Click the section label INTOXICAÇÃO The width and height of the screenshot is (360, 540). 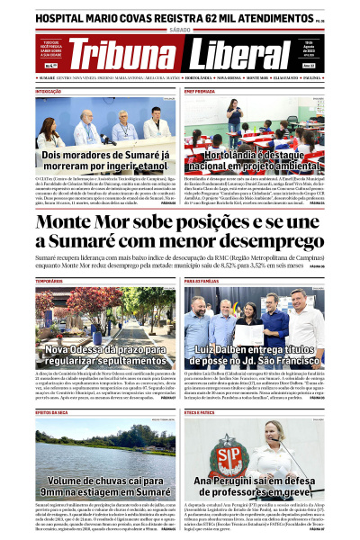click(49, 92)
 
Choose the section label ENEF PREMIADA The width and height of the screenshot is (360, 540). click(200, 92)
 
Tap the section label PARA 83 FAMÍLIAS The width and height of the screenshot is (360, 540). click(204, 281)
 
